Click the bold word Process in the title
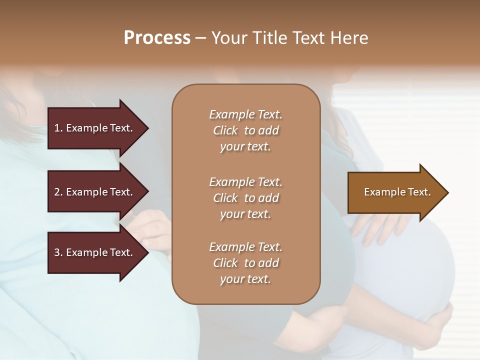pos(157,37)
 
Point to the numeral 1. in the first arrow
pos(58,128)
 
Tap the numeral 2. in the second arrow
pos(58,192)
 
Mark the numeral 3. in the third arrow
pos(58,252)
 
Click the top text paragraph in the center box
pos(245,130)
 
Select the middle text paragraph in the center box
pos(245,197)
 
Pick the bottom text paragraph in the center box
pos(245,263)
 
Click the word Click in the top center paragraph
pos(225,130)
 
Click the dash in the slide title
pos(200,38)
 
